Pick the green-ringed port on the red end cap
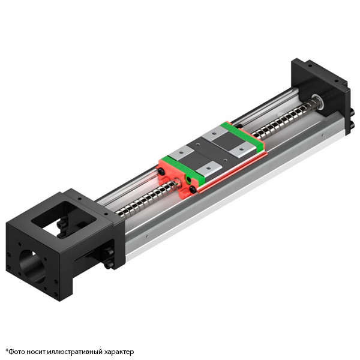[x=190, y=179]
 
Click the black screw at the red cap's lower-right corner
[x=193, y=190]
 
